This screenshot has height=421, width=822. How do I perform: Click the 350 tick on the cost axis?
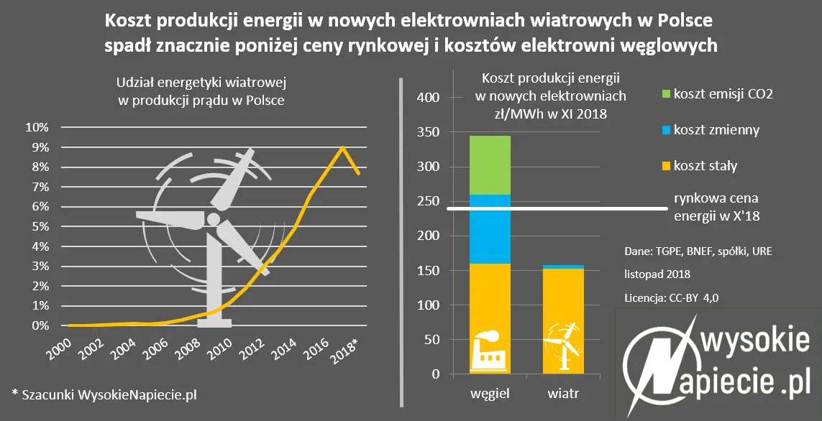(427, 132)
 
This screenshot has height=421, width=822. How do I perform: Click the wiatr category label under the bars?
(563, 394)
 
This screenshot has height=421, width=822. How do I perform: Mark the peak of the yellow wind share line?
(343, 147)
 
